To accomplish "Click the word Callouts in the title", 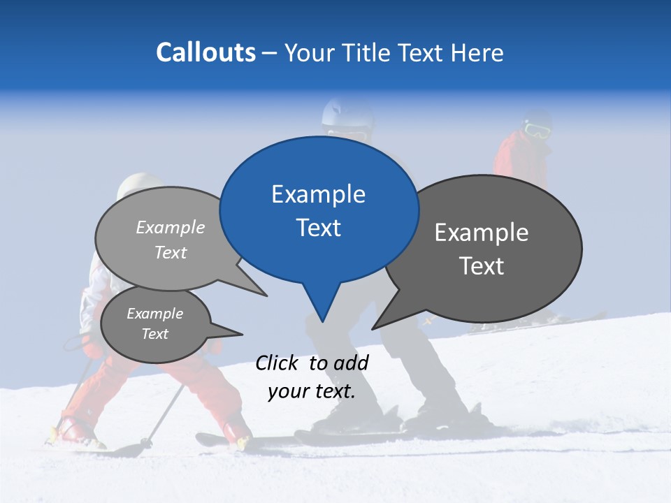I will (206, 52).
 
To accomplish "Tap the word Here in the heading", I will (477, 52).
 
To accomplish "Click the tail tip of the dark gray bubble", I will (373, 328).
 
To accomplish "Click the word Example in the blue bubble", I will (318, 194).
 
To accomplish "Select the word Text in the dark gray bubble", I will (482, 266).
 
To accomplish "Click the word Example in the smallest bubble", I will (154, 314).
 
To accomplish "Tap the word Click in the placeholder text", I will (277, 363).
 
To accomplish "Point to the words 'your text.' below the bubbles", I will (312, 391).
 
